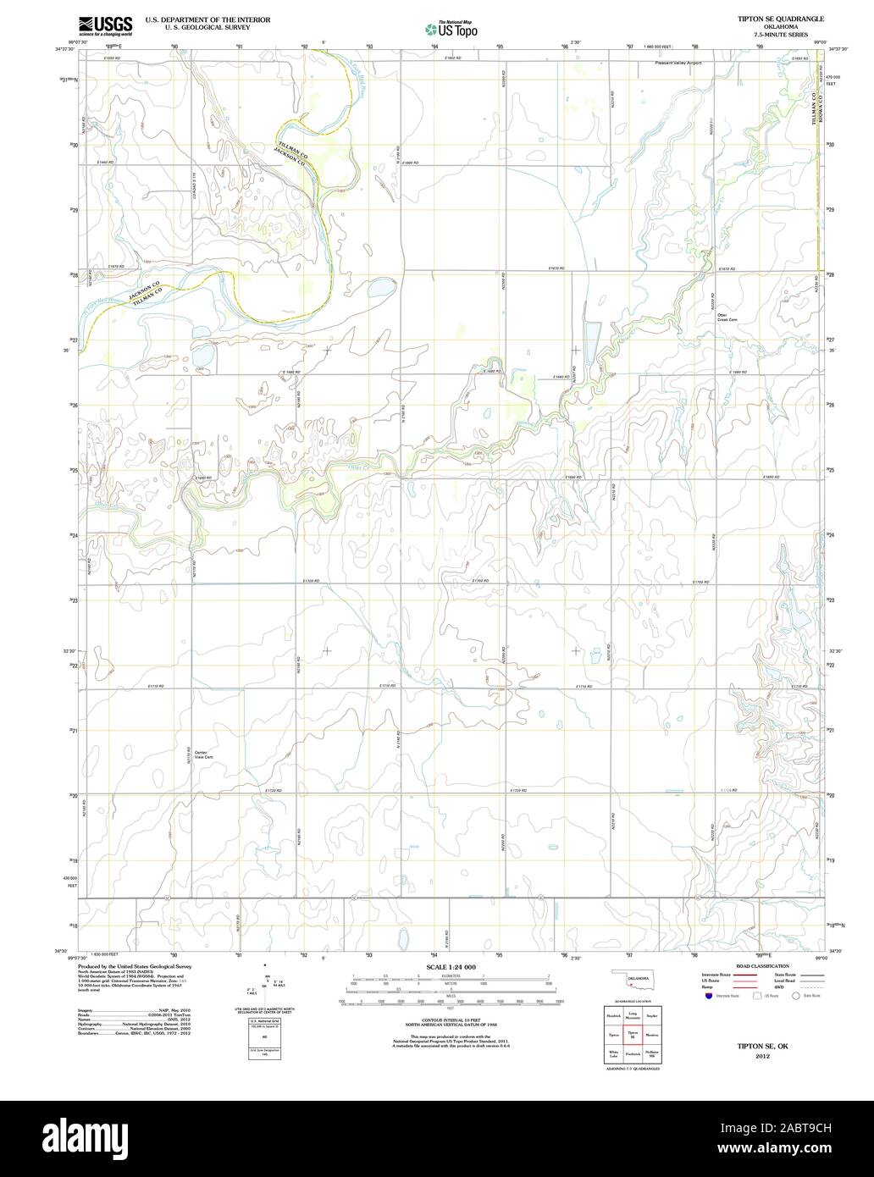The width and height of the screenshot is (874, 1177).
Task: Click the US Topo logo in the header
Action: [x=451, y=29]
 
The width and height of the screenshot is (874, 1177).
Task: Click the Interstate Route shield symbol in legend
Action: [x=708, y=997]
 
